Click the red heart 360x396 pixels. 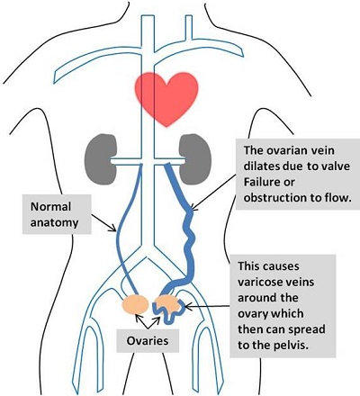coord(166,97)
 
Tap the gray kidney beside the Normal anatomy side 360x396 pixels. coord(101,158)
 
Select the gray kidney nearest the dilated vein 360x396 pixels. coord(195,159)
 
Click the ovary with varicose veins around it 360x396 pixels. coord(168,303)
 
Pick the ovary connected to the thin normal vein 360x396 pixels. coord(135,304)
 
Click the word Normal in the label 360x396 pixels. coord(50,207)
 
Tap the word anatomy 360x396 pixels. coord(54,222)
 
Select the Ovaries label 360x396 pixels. coord(148,341)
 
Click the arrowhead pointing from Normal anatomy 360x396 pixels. coord(113,229)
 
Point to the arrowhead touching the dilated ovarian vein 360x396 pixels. coord(193,206)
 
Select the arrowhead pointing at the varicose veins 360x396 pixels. coord(189,306)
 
